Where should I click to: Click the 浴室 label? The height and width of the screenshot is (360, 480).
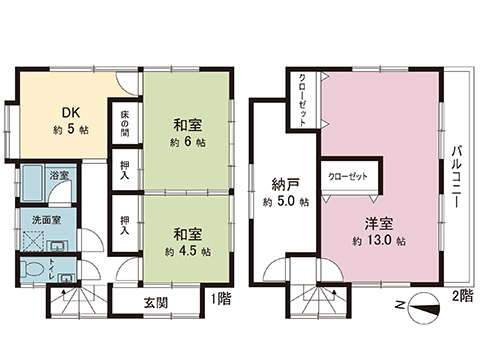pos(59,176)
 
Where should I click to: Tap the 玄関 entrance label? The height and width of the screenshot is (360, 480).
pos(155,301)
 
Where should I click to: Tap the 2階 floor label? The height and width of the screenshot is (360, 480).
pos(460,297)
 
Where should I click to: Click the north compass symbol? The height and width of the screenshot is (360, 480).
pos(426,307)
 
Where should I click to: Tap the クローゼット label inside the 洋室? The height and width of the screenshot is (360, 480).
pos(347,176)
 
